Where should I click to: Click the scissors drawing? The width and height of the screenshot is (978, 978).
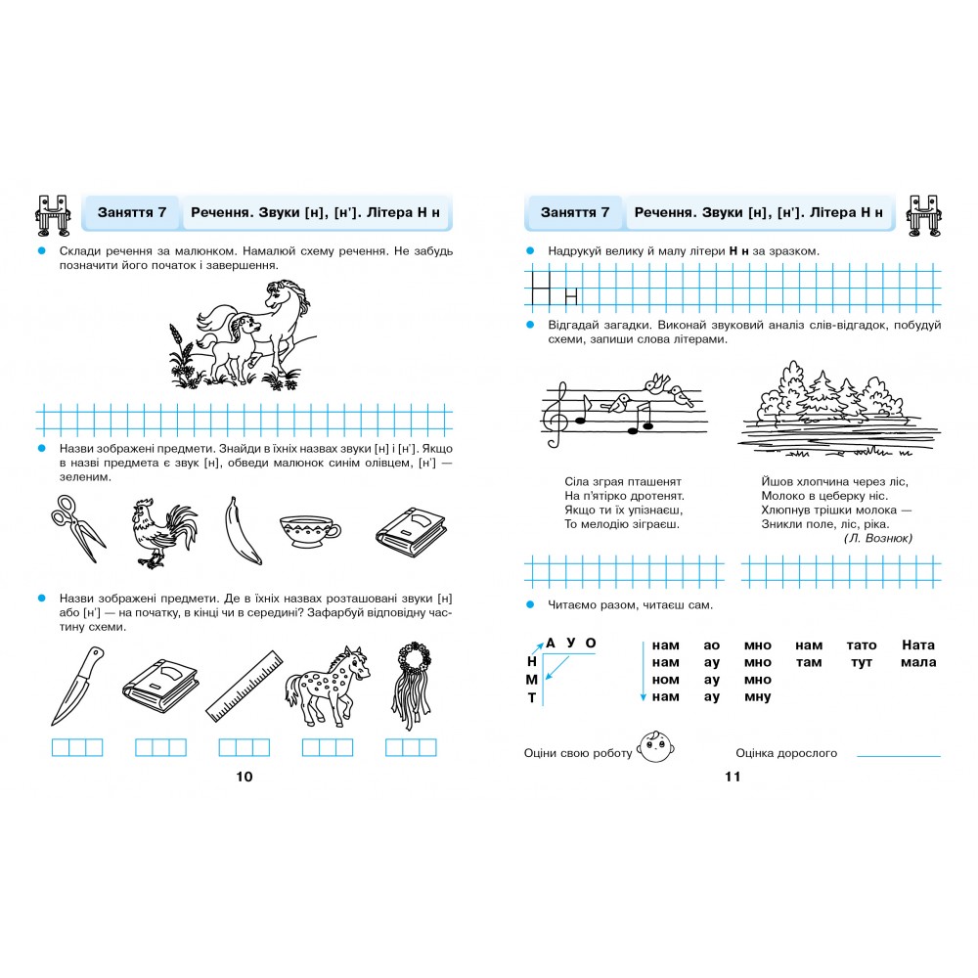click(x=78, y=529)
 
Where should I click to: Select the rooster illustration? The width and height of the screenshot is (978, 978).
click(x=162, y=533)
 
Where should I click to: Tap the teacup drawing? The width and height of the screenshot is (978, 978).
click(x=309, y=531)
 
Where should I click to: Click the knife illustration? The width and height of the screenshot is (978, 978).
click(x=77, y=686)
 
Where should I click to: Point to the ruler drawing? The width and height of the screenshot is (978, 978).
click(x=244, y=687)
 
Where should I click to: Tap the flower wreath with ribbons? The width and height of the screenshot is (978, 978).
click(x=412, y=685)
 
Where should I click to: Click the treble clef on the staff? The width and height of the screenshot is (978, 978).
click(x=556, y=415)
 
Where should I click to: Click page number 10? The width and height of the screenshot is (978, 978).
click(x=244, y=777)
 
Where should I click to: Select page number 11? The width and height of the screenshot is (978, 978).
click(x=733, y=777)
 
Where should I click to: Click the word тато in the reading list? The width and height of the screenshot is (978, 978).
click(x=862, y=645)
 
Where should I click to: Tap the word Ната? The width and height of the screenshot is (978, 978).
click(x=918, y=645)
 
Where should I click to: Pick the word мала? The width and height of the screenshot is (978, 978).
click(x=918, y=662)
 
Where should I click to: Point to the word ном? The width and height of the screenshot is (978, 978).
click(x=665, y=680)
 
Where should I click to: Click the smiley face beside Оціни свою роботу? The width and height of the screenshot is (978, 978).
click(x=655, y=746)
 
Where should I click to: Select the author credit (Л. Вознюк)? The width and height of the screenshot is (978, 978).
click(x=878, y=538)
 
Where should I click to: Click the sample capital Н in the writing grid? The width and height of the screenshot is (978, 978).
click(x=541, y=288)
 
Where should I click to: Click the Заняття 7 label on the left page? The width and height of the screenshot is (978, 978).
click(x=132, y=212)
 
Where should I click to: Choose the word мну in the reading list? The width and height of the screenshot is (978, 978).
click(x=757, y=697)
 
